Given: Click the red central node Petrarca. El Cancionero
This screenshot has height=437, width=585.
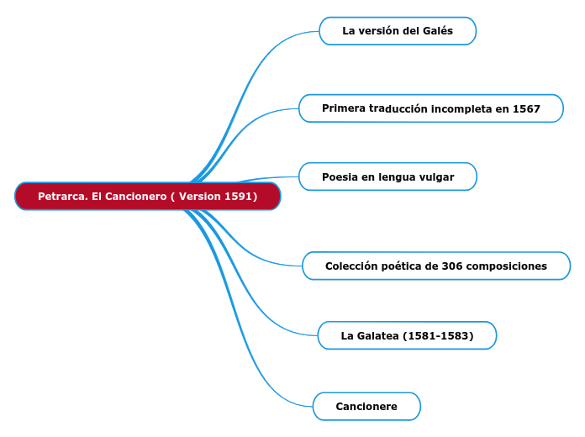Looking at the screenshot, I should [x=147, y=196].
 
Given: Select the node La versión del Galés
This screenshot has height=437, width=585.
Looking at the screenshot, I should [x=398, y=31].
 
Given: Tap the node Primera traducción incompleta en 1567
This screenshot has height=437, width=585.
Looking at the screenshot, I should [x=430, y=108].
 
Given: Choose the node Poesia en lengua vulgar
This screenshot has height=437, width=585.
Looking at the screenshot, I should [x=387, y=176].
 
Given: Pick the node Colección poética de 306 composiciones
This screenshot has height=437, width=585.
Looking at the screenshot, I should [x=435, y=266].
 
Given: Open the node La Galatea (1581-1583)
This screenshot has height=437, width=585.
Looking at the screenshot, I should [x=407, y=335].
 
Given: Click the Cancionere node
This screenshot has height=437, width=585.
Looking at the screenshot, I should [x=366, y=406].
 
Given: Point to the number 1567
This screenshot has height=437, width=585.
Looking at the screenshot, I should [x=525, y=108].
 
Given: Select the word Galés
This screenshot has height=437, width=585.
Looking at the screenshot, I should [x=438, y=31].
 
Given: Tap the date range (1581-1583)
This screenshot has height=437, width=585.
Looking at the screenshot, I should [x=438, y=335].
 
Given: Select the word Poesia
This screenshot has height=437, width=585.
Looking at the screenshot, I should [x=340, y=176].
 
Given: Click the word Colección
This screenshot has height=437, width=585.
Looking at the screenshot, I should [x=351, y=266].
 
